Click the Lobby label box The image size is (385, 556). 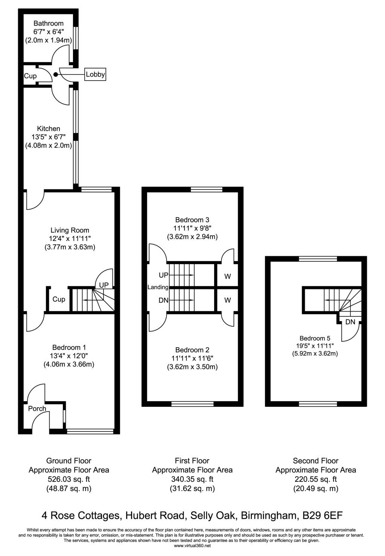[x=95, y=75]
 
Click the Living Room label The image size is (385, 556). [x=70, y=230]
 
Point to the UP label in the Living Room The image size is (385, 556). [x=104, y=285]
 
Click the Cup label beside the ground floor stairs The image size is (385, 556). [x=59, y=299]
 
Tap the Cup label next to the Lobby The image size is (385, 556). [x=30, y=76]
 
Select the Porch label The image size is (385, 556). [x=37, y=409]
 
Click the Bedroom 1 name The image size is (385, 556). [x=70, y=347]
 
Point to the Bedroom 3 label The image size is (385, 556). [x=192, y=220]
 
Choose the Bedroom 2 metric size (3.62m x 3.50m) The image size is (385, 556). [x=192, y=367]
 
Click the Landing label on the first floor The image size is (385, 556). [x=158, y=287]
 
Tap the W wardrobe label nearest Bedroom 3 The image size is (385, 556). [x=227, y=276]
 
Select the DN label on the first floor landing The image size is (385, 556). [x=163, y=300]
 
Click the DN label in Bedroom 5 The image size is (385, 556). [x=350, y=322]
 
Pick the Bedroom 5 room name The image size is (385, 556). [x=315, y=338]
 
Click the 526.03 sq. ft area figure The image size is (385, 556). [x=68, y=479]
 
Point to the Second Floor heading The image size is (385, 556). [x=315, y=460]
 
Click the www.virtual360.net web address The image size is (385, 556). [x=192, y=545]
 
